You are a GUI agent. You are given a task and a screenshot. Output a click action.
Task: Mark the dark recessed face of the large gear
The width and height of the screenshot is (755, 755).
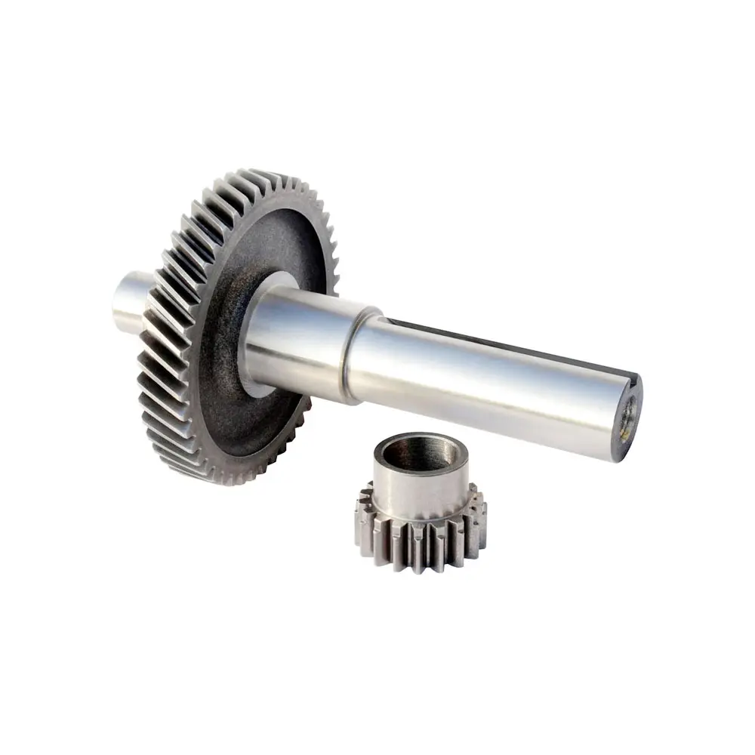226,393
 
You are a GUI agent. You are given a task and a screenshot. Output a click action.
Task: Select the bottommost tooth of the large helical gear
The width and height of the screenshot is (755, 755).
226,477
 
